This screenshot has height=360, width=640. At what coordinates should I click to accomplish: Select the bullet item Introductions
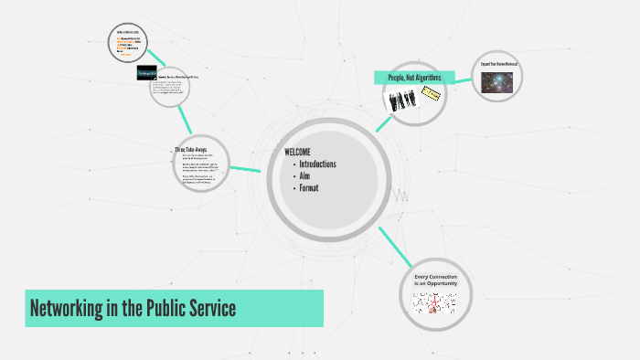coord(317,164)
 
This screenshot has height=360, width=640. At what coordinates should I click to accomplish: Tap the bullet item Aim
coord(304,176)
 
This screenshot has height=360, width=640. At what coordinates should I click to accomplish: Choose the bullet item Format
coord(309,188)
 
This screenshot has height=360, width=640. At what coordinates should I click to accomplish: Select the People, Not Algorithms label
coord(414,79)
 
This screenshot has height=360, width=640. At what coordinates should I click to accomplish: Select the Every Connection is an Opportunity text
coord(435,280)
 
